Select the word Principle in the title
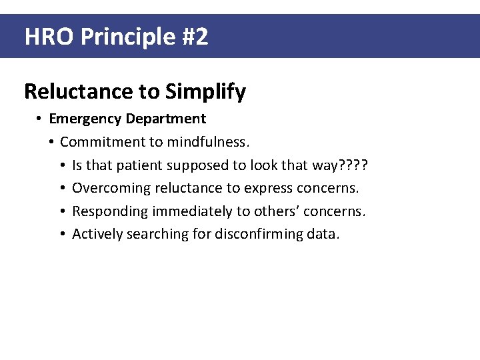(127, 37)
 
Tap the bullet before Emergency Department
(40, 119)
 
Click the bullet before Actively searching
(61, 234)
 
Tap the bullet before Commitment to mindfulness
(51, 142)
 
